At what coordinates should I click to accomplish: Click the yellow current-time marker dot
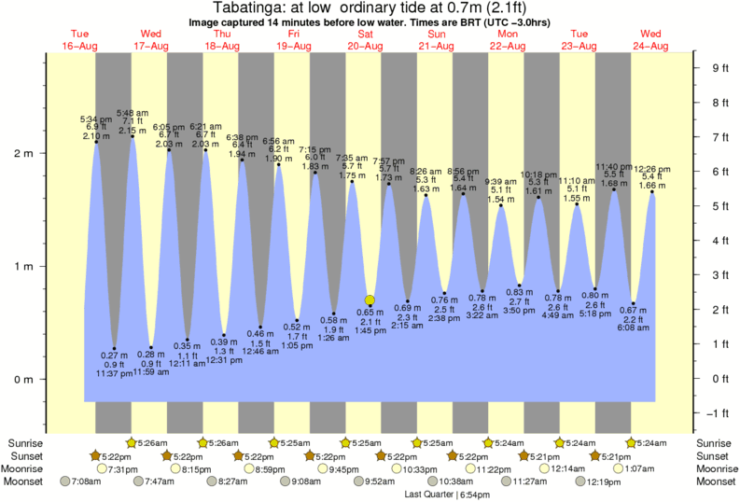370,300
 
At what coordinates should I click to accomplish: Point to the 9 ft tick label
719,67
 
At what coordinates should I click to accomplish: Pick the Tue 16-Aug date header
79,39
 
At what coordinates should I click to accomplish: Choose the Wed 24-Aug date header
650,39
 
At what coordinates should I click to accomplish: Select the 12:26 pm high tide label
651,169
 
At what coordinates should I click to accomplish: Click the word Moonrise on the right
714,468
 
